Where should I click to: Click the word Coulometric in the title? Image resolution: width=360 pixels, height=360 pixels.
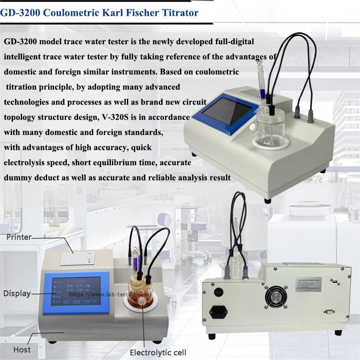72,13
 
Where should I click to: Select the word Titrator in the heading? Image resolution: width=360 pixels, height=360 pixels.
179,13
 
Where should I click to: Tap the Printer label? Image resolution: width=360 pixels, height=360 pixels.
19,237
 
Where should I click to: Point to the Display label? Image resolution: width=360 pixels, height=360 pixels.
17,293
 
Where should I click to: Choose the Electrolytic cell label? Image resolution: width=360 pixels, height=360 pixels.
158,353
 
